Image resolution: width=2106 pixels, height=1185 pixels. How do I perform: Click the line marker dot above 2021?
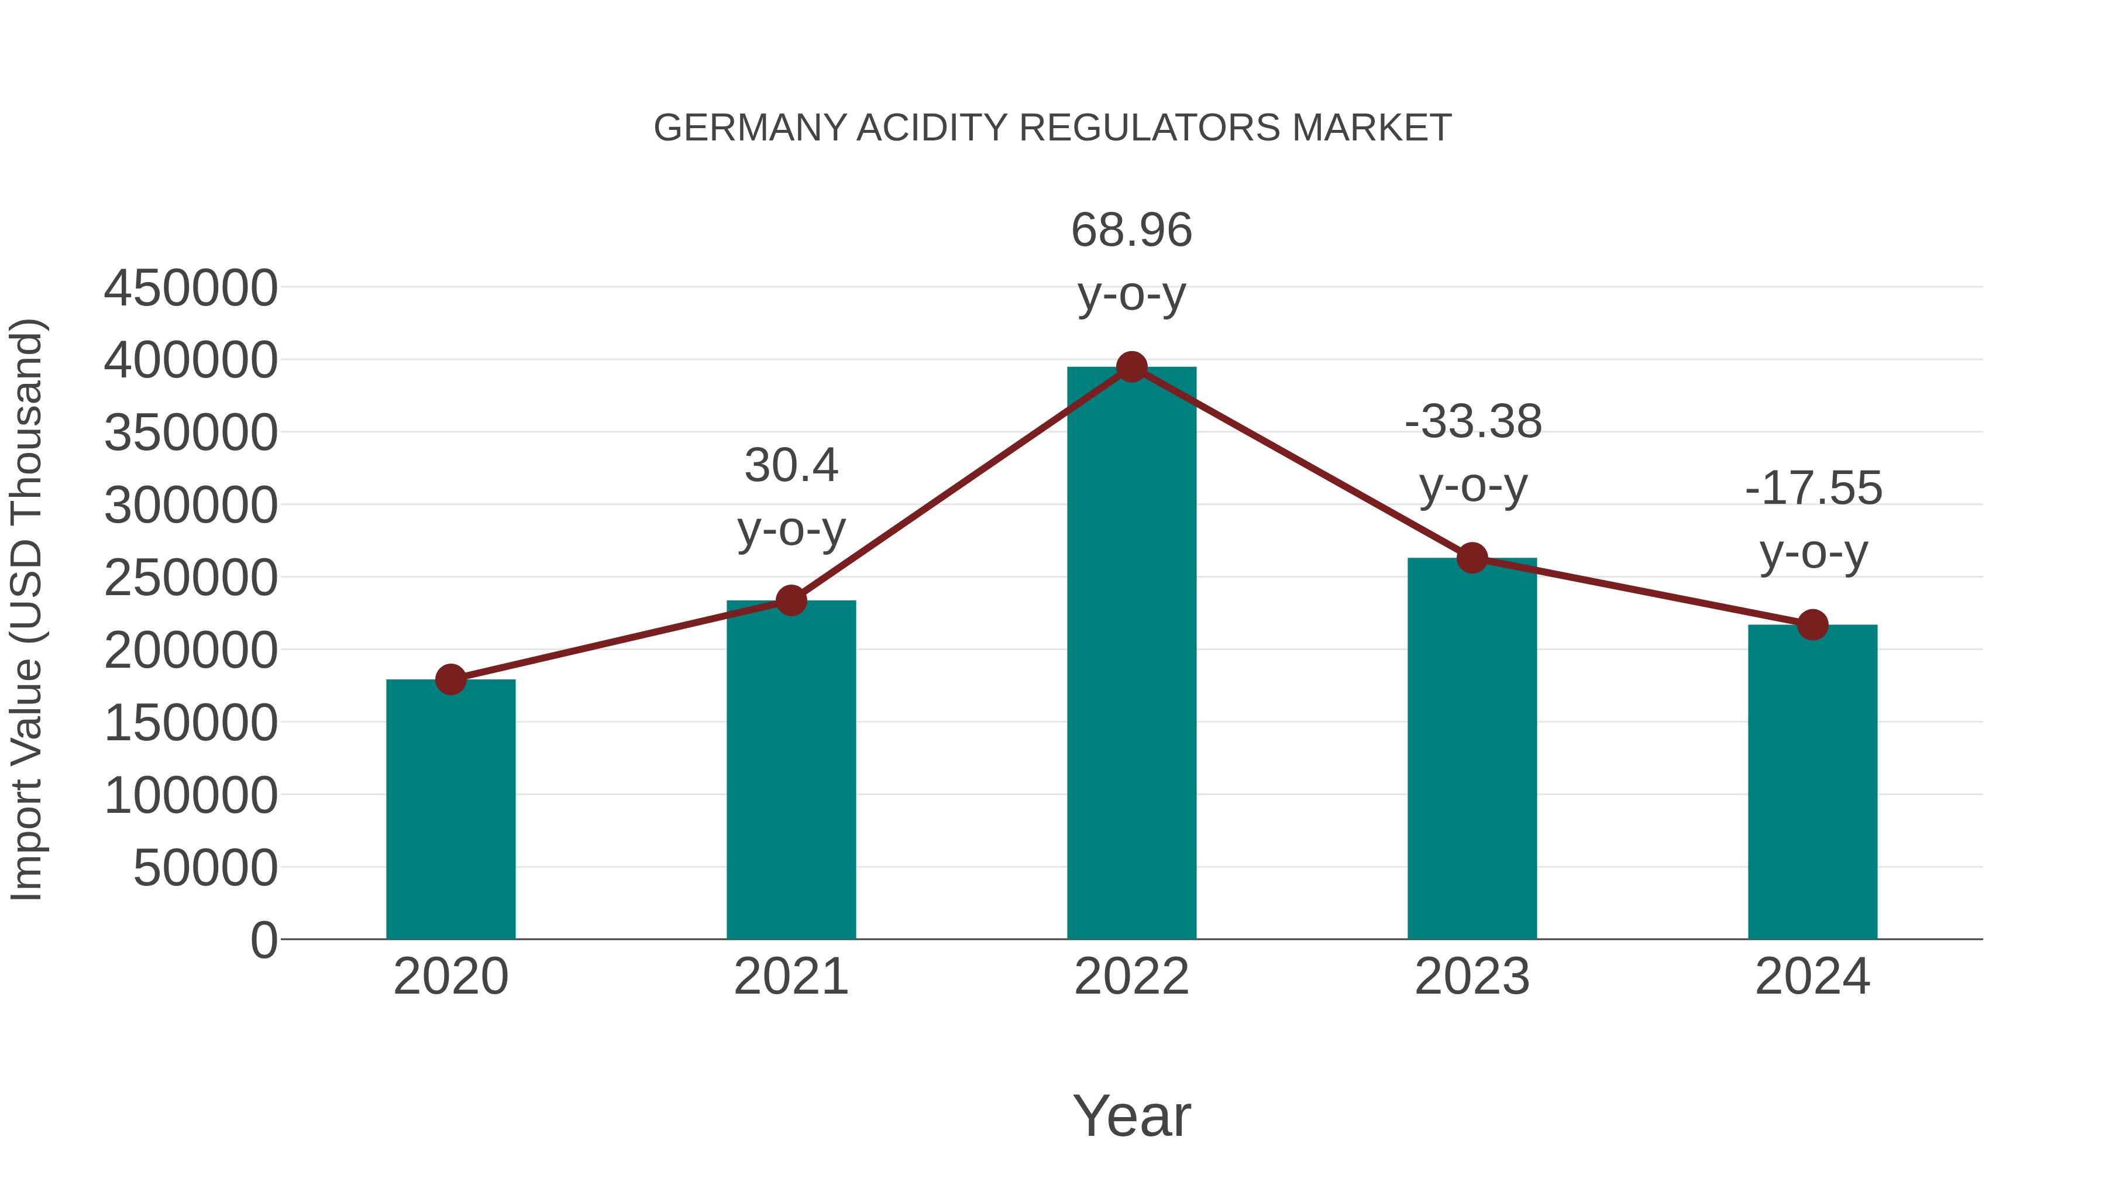coord(790,600)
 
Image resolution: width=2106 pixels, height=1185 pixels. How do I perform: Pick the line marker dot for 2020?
coord(450,679)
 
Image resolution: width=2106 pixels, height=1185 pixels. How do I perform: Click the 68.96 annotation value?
coord(1131,230)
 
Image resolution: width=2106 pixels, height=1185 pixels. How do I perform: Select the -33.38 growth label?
coord(1473,422)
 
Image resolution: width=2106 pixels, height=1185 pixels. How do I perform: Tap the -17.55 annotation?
coord(1813,488)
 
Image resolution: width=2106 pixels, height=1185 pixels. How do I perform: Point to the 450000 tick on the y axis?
coord(191,288)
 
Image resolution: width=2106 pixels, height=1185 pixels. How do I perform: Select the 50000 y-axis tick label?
coord(205,868)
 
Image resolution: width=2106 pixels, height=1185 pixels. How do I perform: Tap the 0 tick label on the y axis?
coord(263,940)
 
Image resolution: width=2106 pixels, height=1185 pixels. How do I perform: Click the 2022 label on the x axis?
coord(1131,977)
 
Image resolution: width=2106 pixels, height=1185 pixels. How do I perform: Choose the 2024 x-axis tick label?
coord(1812,977)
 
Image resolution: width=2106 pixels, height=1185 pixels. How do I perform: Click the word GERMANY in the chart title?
coord(750,128)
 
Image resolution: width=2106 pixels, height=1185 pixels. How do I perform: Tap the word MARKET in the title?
coord(1371,128)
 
